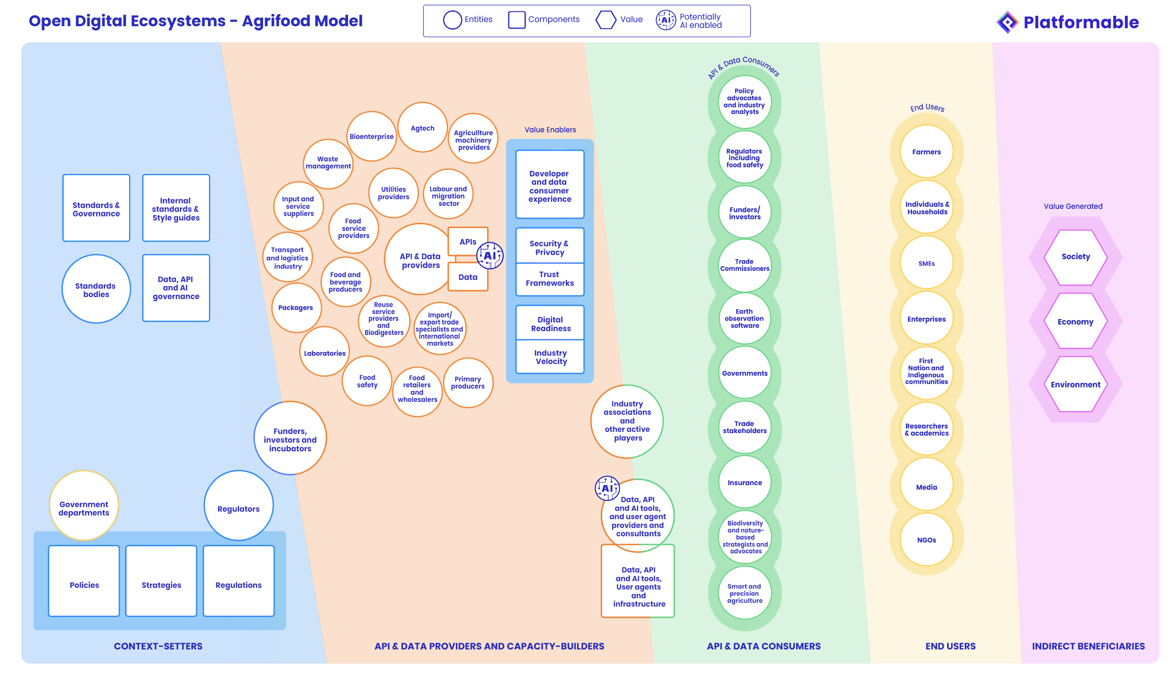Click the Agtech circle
[x=422, y=127]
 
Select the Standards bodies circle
[x=96, y=289]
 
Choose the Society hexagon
[x=1075, y=257]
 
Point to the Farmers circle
[x=926, y=152]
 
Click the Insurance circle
[x=744, y=483]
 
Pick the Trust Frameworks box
[x=550, y=279]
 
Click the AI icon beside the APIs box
[x=490, y=256]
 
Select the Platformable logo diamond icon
[x=1007, y=22]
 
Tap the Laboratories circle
[x=325, y=353]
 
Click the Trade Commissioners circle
[x=744, y=265]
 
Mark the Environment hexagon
[x=1075, y=384]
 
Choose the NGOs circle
[x=926, y=540]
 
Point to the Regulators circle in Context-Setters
[x=239, y=507]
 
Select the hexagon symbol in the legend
[x=606, y=20]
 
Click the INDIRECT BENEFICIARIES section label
[x=1088, y=646]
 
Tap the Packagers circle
[x=296, y=307]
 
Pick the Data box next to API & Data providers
[x=468, y=277]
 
